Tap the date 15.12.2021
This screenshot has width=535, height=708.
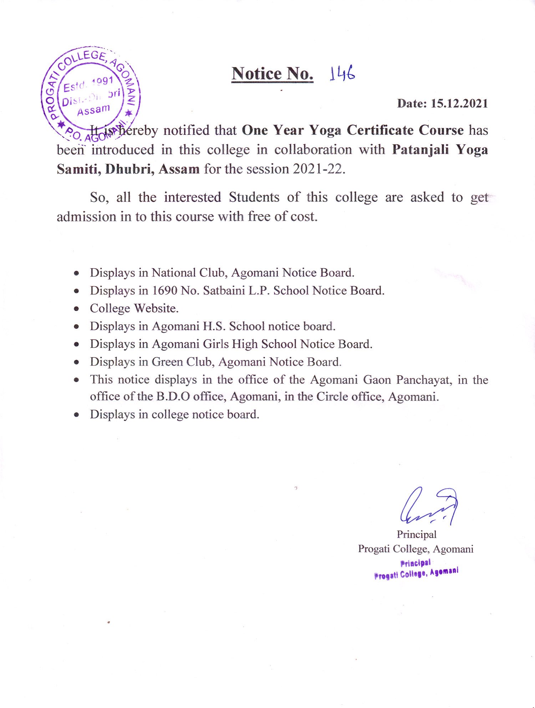click(x=459, y=103)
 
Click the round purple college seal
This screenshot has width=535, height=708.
click(x=91, y=95)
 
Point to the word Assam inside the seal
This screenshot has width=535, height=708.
click(x=93, y=110)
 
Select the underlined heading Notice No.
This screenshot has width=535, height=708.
click(x=272, y=74)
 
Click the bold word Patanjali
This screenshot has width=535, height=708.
click(x=420, y=149)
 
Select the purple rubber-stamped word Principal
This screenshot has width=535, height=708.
click(x=416, y=563)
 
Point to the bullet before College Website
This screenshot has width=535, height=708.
click(x=76, y=309)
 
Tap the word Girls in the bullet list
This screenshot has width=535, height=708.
click(x=216, y=344)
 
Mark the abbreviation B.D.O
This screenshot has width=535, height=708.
click(x=173, y=396)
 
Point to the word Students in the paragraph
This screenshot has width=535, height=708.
click(x=254, y=197)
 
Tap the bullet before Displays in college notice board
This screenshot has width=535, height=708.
click(x=76, y=415)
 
